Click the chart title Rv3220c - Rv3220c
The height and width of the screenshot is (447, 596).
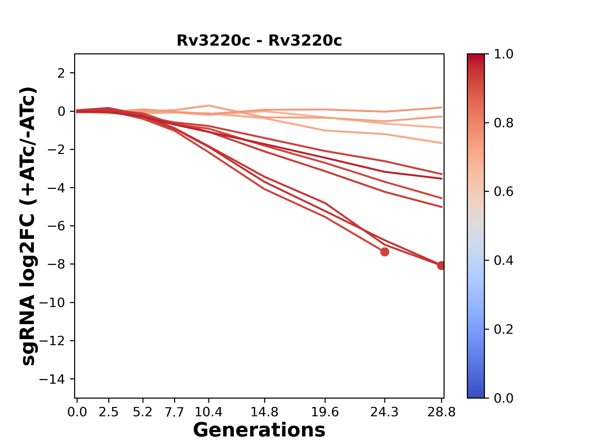click(x=259, y=41)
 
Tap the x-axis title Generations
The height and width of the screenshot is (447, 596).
click(x=259, y=430)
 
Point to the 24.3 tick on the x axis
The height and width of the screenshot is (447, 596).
click(x=385, y=412)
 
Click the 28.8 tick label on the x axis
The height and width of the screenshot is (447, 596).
click(x=441, y=412)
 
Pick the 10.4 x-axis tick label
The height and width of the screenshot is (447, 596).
click(x=208, y=412)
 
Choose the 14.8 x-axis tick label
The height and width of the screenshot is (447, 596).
click(x=264, y=412)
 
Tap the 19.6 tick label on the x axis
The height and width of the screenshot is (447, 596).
click(x=325, y=412)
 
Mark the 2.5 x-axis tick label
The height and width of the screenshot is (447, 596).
click(x=109, y=412)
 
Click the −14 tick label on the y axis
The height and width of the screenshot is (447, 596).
click(x=52, y=379)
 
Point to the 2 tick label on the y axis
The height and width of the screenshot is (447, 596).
click(x=61, y=73)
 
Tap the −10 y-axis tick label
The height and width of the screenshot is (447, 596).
click(x=52, y=303)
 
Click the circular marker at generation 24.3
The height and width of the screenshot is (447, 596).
click(x=385, y=252)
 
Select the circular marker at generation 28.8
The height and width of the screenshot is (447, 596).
click(x=441, y=265)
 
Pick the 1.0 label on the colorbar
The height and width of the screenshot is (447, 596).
click(x=503, y=54)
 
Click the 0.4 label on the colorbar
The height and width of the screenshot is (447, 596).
click(x=503, y=260)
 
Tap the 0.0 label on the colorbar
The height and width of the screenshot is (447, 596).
click(x=503, y=398)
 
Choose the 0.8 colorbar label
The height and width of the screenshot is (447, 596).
click(x=503, y=123)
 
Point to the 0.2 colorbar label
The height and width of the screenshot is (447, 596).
click(x=503, y=329)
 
